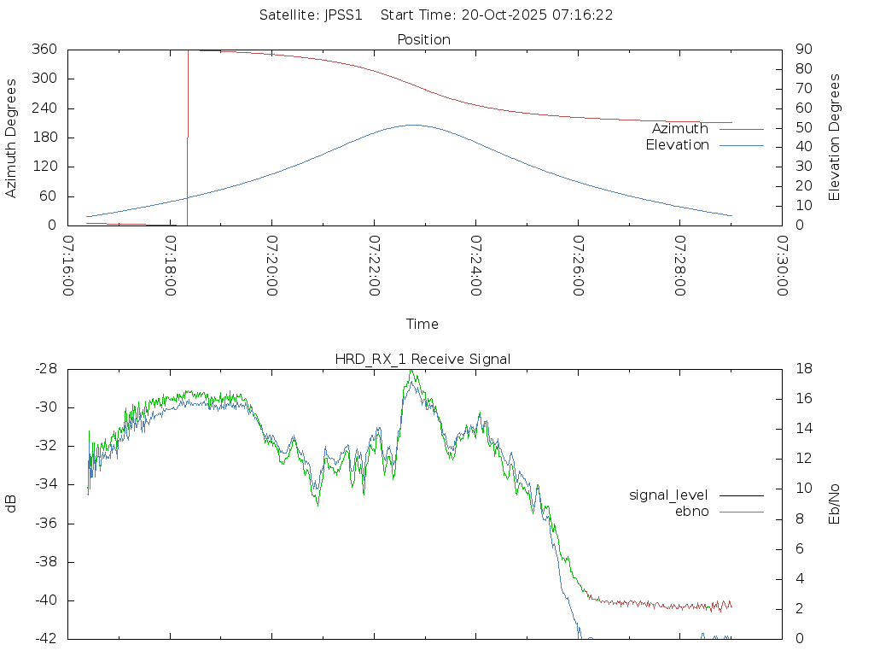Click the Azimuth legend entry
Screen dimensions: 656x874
[679, 129]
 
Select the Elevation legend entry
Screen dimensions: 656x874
[677, 145]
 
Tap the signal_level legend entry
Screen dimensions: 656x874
[668, 495]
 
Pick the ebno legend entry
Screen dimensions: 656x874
[691, 512]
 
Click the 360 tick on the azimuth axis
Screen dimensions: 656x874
[44, 50]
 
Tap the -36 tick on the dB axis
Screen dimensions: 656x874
[44, 524]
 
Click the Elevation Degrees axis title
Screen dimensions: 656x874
[835, 138]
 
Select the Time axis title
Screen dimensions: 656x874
[422, 325]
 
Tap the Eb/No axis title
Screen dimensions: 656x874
[835, 504]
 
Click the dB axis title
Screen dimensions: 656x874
[11, 504]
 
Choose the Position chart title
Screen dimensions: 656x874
[423, 40]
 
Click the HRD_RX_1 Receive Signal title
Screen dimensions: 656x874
[423, 359]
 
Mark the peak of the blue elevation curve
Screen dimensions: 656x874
[412, 125]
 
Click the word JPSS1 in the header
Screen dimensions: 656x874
[347, 15]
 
